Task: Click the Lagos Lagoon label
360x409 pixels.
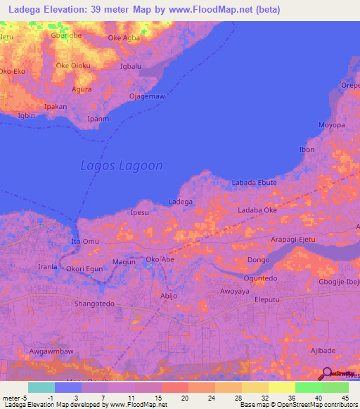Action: click(x=122, y=167)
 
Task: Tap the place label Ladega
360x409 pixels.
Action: click(x=181, y=202)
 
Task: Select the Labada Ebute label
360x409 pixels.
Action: click(x=254, y=183)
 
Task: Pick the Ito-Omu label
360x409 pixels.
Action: click(x=85, y=242)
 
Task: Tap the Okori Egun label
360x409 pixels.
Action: click(x=84, y=268)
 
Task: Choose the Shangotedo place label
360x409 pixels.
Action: click(x=94, y=304)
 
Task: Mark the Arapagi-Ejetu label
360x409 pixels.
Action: click(x=292, y=240)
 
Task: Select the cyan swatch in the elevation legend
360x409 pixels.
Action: click(x=41, y=387)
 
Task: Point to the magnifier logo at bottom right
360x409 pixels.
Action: click(x=326, y=374)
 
